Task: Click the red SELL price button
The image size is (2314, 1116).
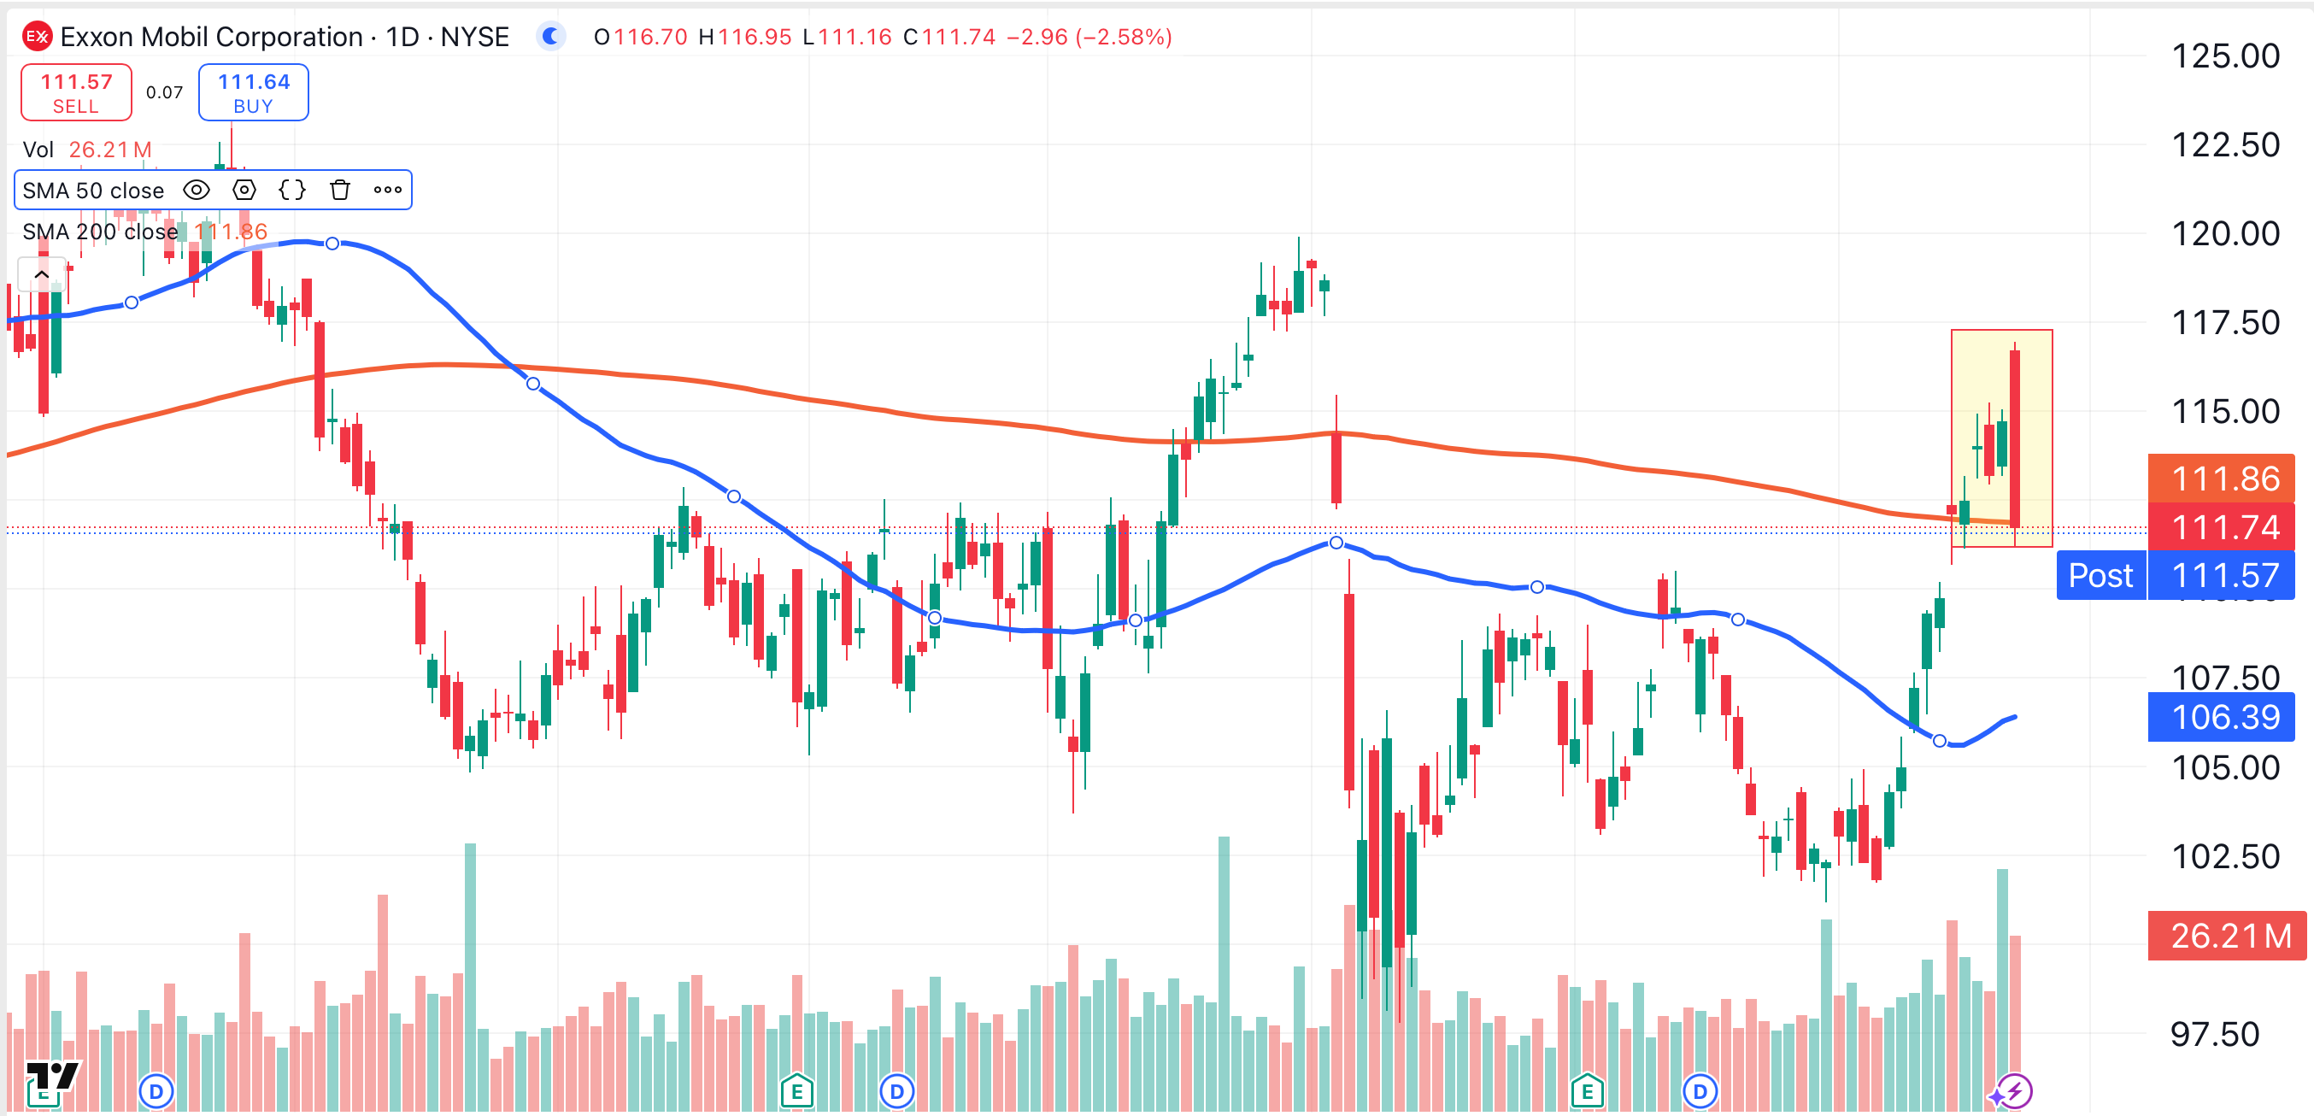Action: tap(76, 92)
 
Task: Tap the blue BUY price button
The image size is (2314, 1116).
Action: tap(253, 92)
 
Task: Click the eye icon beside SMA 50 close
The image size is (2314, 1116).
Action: tap(196, 190)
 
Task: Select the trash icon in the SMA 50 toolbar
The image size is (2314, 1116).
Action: tap(339, 190)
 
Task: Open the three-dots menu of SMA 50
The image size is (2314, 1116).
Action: tap(387, 190)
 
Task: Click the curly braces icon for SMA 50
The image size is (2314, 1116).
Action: tap(292, 190)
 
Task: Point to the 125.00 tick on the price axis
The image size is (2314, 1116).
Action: tap(2224, 56)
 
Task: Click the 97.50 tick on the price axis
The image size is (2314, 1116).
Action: tap(2214, 1034)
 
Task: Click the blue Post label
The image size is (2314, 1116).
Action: tap(2100, 575)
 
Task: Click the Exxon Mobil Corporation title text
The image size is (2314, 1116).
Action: tap(212, 37)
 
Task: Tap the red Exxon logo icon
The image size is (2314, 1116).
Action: tap(37, 37)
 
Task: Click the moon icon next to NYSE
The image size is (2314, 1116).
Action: tap(550, 37)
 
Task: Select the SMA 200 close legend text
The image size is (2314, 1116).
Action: tap(100, 232)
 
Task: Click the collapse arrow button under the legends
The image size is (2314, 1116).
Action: tap(41, 274)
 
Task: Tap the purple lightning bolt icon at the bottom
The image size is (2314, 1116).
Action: tap(2015, 1092)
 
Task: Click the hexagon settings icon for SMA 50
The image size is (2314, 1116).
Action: tap(244, 190)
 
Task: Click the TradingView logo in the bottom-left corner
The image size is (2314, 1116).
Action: tap(51, 1078)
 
